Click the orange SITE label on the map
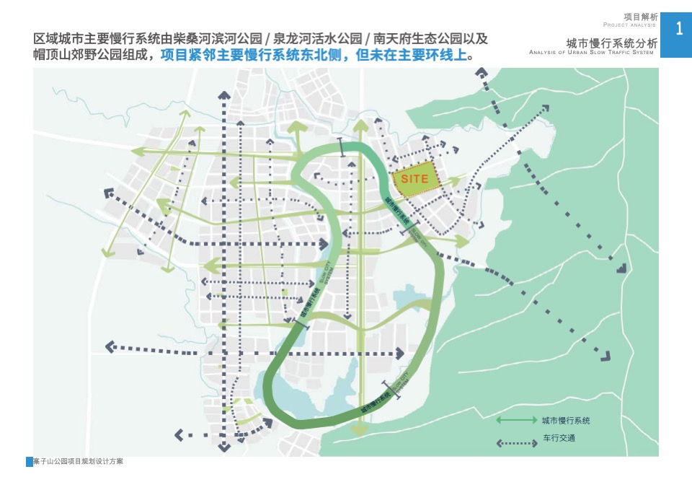414,179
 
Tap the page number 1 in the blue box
679,29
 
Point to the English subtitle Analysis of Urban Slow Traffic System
591,53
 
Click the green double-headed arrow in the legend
514,420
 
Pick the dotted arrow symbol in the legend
514,438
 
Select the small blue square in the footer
29,462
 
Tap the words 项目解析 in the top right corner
640,17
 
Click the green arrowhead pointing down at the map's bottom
358,431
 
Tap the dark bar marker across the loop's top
341,145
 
